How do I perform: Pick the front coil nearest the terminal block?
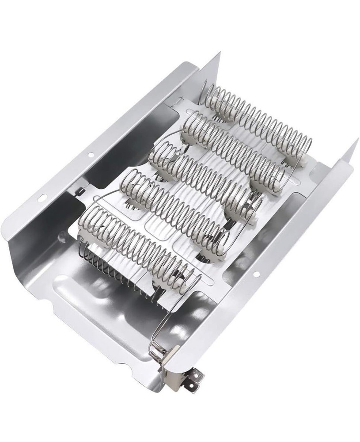(137, 243)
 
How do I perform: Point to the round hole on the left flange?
(91, 155)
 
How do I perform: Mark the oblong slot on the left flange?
(43, 198)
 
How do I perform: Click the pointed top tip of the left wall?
(220, 53)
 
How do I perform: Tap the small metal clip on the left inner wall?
(80, 191)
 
